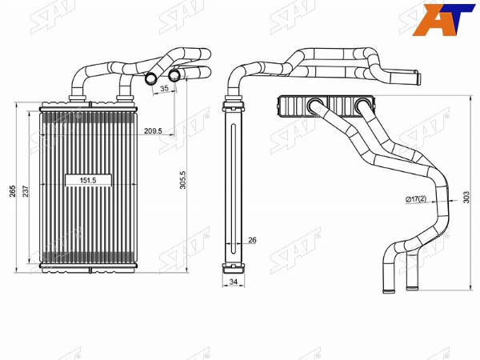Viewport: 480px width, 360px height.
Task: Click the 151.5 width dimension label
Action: [88, 181]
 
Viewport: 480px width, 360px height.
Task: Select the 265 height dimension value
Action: [12, 191]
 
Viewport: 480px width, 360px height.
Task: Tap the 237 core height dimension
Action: [26, 191]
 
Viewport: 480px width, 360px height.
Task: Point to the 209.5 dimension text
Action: [153, 131]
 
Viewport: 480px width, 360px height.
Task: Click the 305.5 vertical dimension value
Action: [182, 180]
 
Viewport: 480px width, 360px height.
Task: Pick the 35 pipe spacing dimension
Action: [164, 88]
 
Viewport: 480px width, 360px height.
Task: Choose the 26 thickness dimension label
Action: [252, 240]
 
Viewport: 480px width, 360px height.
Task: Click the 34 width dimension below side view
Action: [234, 282]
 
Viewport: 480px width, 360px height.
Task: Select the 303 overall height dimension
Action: [466, 198]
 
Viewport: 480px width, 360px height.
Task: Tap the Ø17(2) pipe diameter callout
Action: [416, 199]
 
